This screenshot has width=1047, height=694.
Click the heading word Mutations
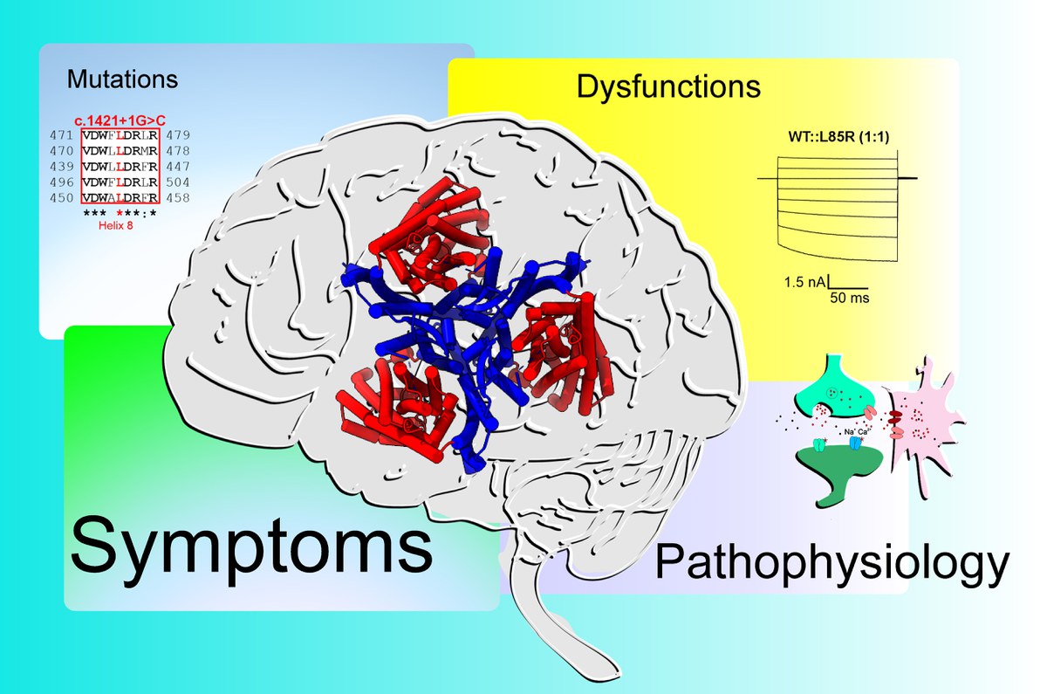point(122,79)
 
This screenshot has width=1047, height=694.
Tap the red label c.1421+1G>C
point(117,121)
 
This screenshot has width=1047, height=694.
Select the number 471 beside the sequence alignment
point(61,136)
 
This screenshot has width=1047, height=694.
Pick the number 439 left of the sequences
point(61,166)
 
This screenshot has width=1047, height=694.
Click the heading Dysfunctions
point(668,86)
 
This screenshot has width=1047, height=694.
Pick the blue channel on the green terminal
point(855,443)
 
